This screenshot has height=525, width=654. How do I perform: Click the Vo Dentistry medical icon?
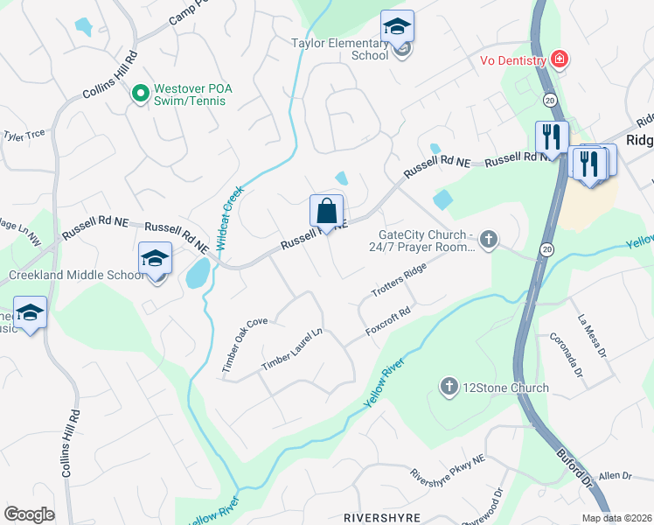click(558, 59)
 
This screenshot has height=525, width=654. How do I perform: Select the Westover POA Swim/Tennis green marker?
click(138, 92)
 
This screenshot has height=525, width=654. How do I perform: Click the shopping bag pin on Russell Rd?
click(326, 212)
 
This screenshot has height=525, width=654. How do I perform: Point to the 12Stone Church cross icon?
click(449, 387)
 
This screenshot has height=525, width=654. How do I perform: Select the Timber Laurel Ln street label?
click(292, 349)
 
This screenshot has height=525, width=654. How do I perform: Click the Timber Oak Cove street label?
click(244, 346)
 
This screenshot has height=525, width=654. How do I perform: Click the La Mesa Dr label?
click(591, 333)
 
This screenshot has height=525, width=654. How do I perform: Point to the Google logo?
click(29, 514)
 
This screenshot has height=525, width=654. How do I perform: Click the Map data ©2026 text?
click(616, 518)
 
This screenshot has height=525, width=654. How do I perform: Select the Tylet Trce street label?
click(24, 136)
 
